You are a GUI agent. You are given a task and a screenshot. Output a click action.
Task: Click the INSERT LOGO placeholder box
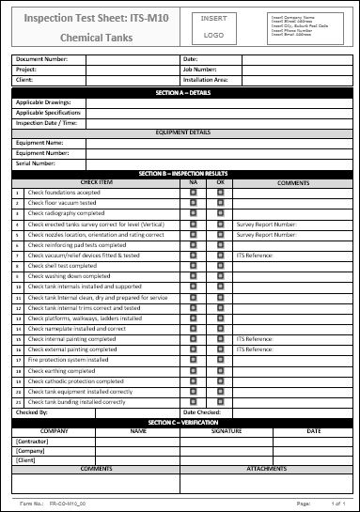(x=214, y=26)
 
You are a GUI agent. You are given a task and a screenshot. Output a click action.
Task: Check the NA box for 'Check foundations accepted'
(x=193, y=193)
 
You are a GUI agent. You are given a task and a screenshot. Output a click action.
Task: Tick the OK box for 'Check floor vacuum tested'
(x=220, y=203)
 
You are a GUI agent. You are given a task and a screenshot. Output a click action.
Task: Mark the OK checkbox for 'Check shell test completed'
(x=220, y=266)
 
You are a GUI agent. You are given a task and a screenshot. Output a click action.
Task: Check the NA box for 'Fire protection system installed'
(x=193, y=360)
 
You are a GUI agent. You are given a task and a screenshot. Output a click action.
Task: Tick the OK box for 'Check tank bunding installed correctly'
(x=220, y=402)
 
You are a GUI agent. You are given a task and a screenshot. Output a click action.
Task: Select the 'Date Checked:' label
(x=202, y=412)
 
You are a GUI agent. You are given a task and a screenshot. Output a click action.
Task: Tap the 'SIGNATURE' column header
(x=226, y=430)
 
